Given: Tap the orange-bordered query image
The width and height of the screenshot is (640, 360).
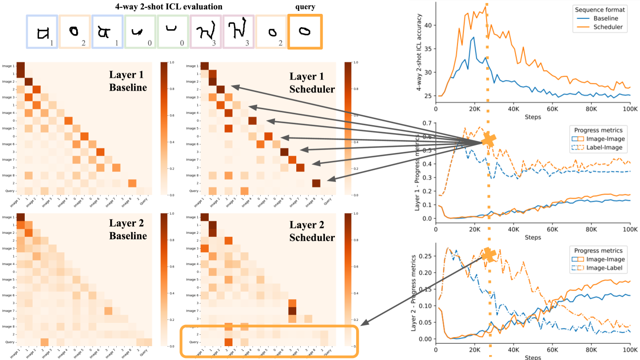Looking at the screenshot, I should [x=305, y=32].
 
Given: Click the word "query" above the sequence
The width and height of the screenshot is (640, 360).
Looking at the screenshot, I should [x=305, y=6].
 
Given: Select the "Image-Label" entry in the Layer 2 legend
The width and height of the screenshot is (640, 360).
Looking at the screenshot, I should [x=601, y=269].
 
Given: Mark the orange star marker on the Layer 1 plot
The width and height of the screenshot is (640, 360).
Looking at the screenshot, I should [x=488, y=140].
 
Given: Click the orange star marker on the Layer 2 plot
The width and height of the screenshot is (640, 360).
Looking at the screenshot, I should [x=489, y=255].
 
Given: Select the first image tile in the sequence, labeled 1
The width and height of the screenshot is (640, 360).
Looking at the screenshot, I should [x=42, y=32].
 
